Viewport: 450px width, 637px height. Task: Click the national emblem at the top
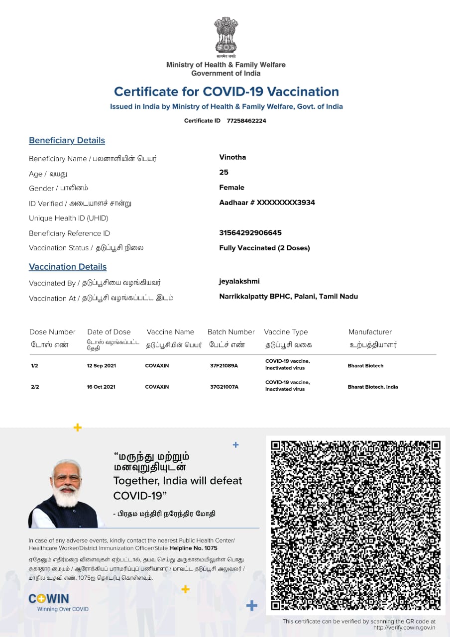pos(226,36)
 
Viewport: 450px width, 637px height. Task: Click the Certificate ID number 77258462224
pos(246,121)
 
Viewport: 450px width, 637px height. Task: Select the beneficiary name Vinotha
pos(232,157)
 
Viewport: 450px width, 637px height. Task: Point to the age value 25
pos(224,172)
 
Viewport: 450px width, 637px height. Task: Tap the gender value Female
pos(231,188)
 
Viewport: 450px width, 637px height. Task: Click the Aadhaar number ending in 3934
pos(267,203)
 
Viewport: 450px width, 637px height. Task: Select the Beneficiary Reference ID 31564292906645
pos(250,233)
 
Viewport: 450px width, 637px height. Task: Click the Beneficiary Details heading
pos(67,140)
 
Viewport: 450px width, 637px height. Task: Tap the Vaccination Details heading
pos(68,267)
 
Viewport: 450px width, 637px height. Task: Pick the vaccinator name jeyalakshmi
pos(239,282)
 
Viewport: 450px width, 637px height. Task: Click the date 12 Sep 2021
pos(101,366)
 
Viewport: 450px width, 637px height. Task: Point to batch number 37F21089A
pos(224,366)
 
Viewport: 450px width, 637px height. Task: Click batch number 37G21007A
pos(224,387)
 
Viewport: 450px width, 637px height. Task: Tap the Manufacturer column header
pos(370,332)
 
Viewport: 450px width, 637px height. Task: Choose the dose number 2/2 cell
pos(35,387)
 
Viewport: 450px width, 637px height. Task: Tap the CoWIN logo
pos(49,599)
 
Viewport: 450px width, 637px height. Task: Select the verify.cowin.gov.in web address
pos(404,628)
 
